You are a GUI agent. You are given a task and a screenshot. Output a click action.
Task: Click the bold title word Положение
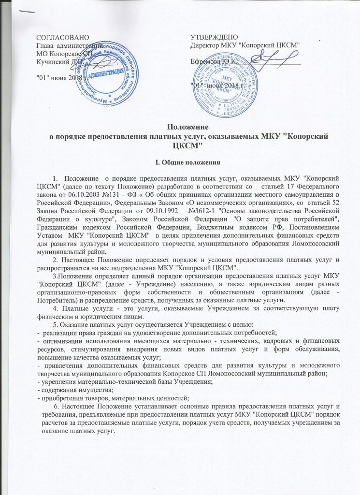click(x=180, y=128)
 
